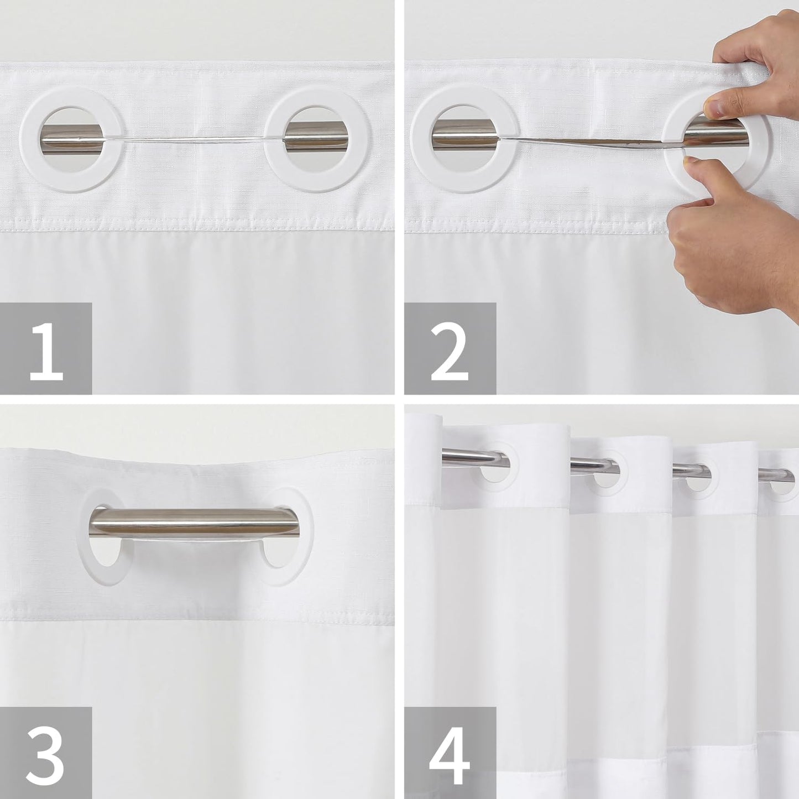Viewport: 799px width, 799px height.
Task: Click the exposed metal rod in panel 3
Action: tap(195, 523)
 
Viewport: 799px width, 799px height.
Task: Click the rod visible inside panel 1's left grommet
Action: tap(72, 133)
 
